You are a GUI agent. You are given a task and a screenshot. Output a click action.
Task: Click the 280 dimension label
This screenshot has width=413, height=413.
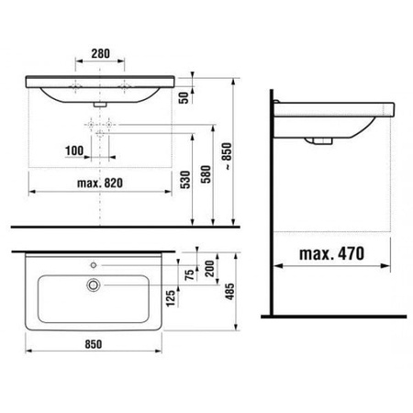100,53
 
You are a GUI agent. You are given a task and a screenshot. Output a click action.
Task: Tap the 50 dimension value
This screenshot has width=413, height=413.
184,97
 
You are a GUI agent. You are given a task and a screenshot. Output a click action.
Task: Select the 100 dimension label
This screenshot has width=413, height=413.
74,151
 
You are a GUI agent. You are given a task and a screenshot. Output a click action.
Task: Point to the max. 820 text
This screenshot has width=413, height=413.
100,184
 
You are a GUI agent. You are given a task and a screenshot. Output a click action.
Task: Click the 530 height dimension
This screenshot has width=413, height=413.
185,180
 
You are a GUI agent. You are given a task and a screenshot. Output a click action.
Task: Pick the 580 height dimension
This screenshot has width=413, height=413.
206,174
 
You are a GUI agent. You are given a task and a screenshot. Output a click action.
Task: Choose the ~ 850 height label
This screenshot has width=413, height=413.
228,156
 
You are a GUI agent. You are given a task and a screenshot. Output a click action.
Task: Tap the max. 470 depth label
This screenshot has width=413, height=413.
332,253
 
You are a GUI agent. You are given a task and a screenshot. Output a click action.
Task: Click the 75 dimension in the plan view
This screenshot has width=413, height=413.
190,274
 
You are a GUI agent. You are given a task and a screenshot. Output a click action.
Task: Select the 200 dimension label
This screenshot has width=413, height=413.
210,269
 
